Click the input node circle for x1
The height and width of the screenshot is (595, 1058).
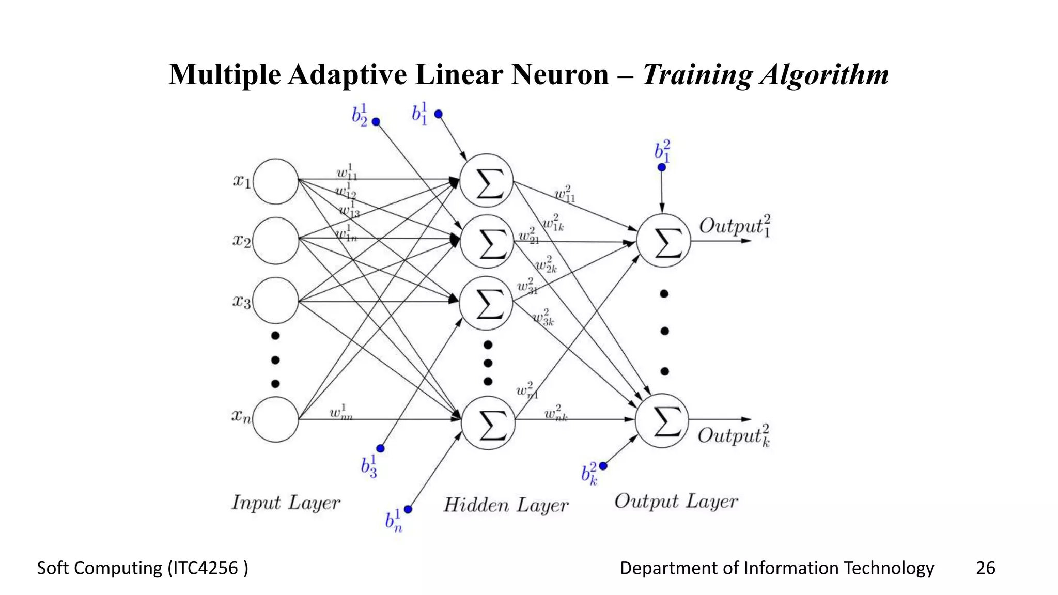[x=275, y=181]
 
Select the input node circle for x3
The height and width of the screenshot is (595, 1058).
[x=275, y=301]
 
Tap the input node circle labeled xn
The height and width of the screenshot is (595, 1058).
[x=275, y=419]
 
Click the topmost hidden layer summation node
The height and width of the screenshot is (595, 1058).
[x=486, y=180]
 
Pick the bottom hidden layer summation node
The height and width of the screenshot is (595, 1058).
[x=488, y=422]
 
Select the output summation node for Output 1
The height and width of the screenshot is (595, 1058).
[x=663, y=241]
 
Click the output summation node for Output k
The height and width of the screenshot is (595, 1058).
[x=662, y=420]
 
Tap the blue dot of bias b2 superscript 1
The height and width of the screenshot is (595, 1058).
[x=376, y=122]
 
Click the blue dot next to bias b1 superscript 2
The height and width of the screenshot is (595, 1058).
[x=662, y=167]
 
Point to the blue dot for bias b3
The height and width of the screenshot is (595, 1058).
[x=380, y=448]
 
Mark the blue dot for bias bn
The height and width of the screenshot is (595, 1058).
[x=408, y=509]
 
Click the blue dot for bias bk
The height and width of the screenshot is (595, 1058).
[x=603, y=466]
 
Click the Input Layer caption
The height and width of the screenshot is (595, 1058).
[x=286, y=503]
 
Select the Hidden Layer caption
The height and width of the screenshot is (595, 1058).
[x=506, y=505]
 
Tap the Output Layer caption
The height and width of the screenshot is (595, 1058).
[x=676, y=502]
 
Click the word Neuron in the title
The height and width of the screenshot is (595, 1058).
[x=560, y=74]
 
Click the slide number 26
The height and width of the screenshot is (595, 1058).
[x=985, y=568]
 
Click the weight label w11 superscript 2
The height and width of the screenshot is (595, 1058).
[x=565, y=195]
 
